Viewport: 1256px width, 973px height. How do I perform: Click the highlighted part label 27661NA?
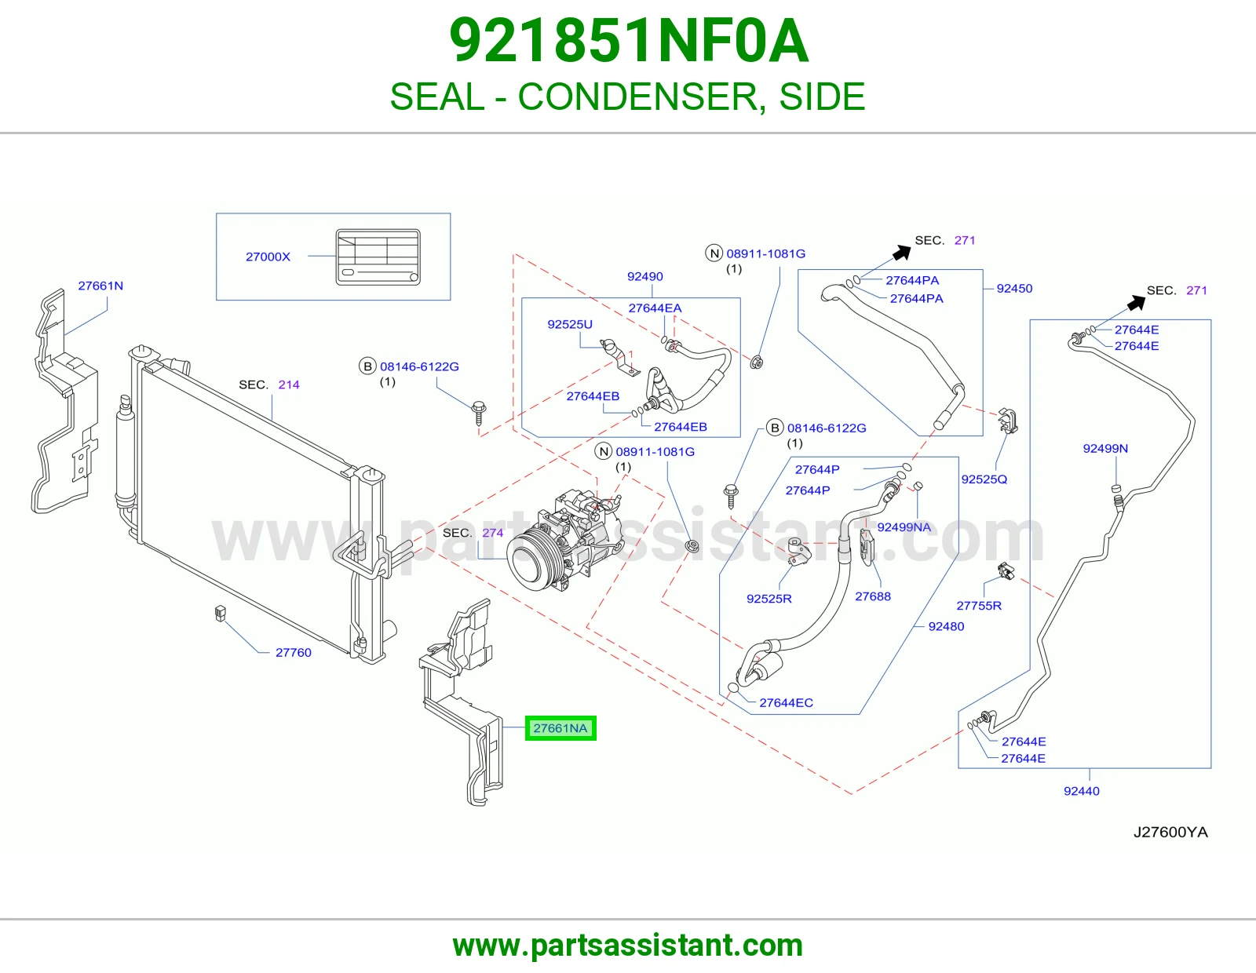coord(560,728)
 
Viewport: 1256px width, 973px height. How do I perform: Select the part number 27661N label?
coord(100,286)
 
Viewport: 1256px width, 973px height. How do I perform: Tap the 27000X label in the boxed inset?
coord(268,257)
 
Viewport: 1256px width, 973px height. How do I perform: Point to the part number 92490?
coord(645,276)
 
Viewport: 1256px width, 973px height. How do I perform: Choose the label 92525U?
coord(570,324)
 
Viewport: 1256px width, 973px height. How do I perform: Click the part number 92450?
coord(1014,288)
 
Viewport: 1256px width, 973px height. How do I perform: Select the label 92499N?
coord(1105,448)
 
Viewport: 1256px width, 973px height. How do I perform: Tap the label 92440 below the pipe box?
coord(1082,791)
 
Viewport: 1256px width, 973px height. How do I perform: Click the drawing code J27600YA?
coord(1170,832)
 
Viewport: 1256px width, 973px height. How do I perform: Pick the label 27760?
coord(293,652)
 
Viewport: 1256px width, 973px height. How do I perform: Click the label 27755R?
coord(979,606)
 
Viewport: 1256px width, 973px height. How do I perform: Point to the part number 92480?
coord(946,626)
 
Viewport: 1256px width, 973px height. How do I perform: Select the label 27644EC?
coord(786,702)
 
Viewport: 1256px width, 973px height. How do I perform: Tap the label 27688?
coord(873,596)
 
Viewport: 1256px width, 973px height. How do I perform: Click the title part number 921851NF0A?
coord(628,41)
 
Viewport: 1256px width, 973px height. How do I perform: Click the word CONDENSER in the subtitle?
coord(637,97)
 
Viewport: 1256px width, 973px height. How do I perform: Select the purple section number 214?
coord(289,384)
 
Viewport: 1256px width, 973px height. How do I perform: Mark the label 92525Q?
coord(984,479)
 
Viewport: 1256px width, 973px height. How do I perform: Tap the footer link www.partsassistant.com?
coord(628,946)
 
